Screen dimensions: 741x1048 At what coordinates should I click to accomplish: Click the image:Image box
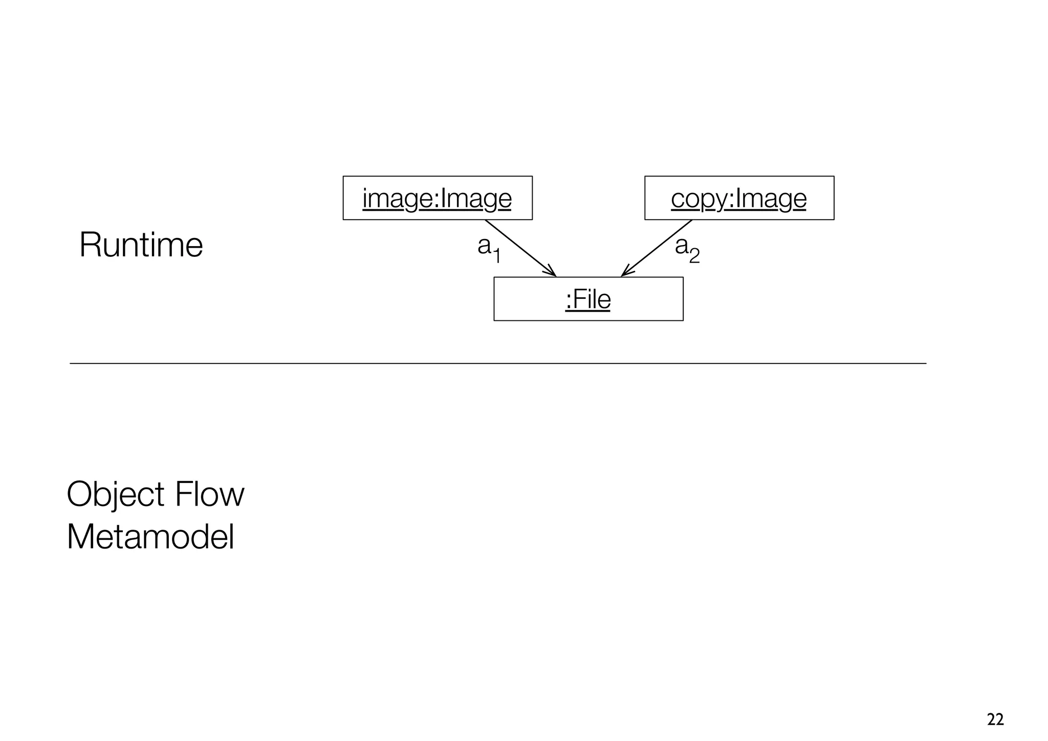point(437,198)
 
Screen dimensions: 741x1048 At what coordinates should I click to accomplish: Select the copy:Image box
point(739,198)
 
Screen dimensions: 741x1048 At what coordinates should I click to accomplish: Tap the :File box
point(588,299)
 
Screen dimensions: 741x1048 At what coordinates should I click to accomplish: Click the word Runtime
point(141,245)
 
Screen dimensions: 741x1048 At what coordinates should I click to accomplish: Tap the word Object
point(116,495)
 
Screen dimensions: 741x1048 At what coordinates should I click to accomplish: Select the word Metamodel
point(150,537)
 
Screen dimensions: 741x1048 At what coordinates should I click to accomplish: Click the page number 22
point(995,720)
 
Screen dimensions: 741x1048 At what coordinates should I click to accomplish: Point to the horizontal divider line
point(497,363)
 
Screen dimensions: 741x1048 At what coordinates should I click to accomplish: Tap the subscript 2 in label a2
point(694,255)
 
